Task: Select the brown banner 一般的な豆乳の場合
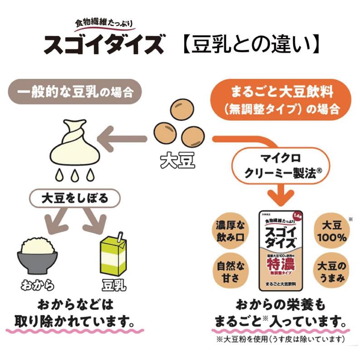(x=78, y=93)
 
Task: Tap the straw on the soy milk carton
(x=120, y=237)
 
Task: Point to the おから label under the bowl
(x=38, y=285)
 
